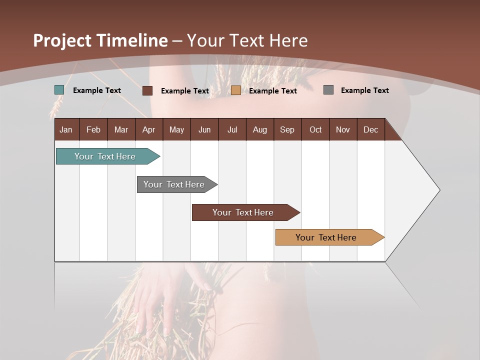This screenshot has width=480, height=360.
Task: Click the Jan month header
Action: [x=66, y=129]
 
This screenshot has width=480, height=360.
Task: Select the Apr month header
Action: [x=149, y=129]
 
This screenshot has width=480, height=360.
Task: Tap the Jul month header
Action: [x=232, y=129]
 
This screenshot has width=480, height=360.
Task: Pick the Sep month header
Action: [x=287, y=129]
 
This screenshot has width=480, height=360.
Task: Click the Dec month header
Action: [x=371, y=129]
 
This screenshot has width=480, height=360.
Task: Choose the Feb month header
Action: [x=93, y=129]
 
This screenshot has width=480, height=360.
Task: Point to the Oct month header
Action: [x=315, y=129]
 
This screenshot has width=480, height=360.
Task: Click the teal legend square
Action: [x=59, y=90]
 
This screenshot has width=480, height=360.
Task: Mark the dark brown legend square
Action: [x=147, y=90]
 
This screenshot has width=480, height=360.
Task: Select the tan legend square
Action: [x=236, y=90]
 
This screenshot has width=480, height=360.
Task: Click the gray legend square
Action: [x=328, y=90]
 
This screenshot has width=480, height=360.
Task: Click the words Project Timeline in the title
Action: [x=100, y=40]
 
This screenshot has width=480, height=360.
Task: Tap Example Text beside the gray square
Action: [x=364, y=90]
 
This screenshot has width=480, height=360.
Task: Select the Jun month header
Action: [x=204, y=129]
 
